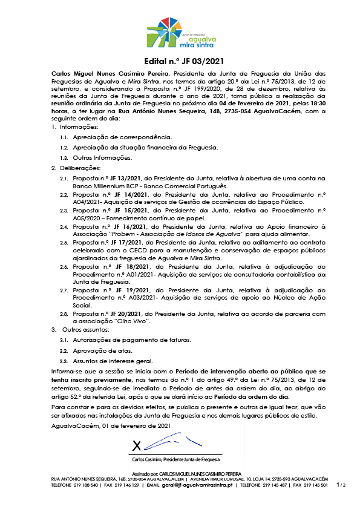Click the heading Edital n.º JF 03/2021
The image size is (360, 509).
tap(180, 61)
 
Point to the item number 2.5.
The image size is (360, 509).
tap(63, 241)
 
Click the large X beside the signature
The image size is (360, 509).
tap(137, 446)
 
